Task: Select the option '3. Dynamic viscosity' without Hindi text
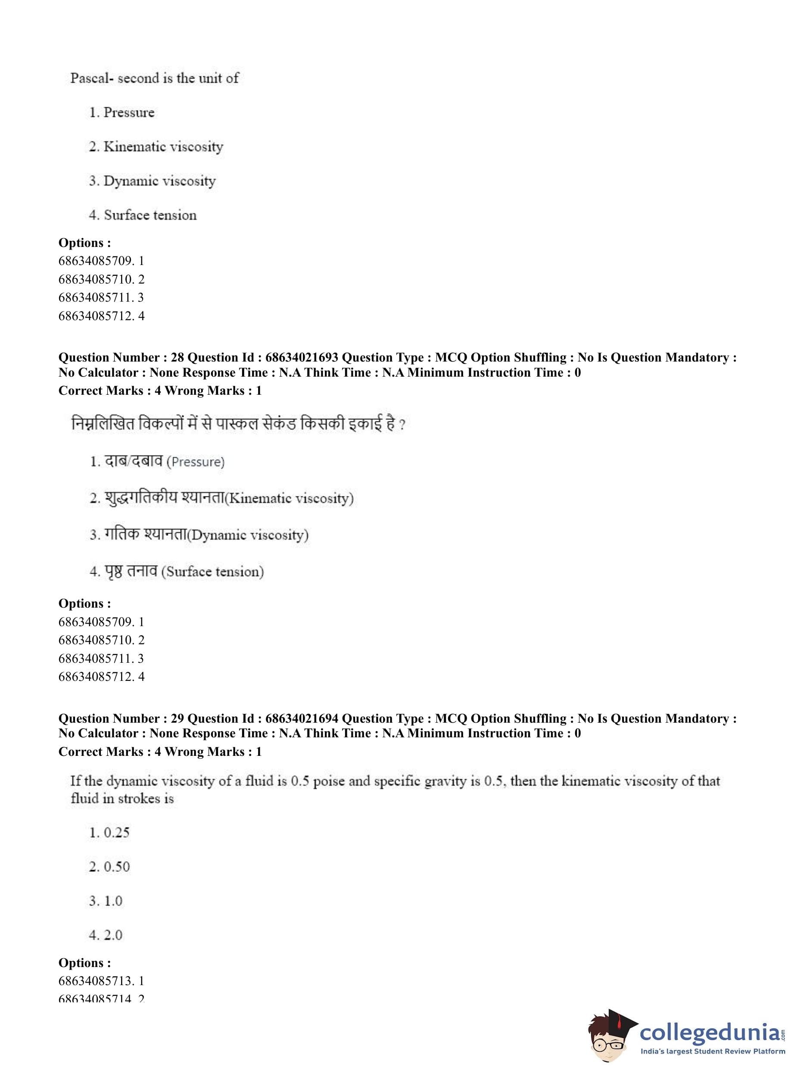pyautogui.click(x=152, y=181)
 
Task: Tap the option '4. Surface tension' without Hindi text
pyautogui.click(x=143, y=215)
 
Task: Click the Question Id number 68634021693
pyautogui.click(x=302, y=357)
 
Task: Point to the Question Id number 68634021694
pyautogui.click(x=302, y=718)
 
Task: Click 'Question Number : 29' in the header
pyautogui.click(x=121, y=718)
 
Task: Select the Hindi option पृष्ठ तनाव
pyautogui.click(x=131, y=571)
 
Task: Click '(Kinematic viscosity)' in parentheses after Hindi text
pyautogui.click(x=289, y=498)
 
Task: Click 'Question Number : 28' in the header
pyautogui.click(x=121, y=357)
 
